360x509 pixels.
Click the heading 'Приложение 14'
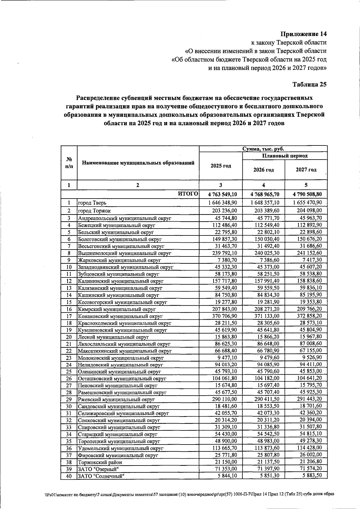[303, 34]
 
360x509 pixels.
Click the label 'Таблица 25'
[309, 85]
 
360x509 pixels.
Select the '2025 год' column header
[221, 166]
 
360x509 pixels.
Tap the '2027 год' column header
[306, 170]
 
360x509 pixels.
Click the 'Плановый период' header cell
[285, 156]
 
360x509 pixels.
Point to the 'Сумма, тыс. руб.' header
[263, 149]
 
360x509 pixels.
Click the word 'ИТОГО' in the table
[188, 194]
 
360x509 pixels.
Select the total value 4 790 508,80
[306, 194]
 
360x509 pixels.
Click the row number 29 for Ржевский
[69, 399]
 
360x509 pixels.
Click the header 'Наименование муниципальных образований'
[138, 163]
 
